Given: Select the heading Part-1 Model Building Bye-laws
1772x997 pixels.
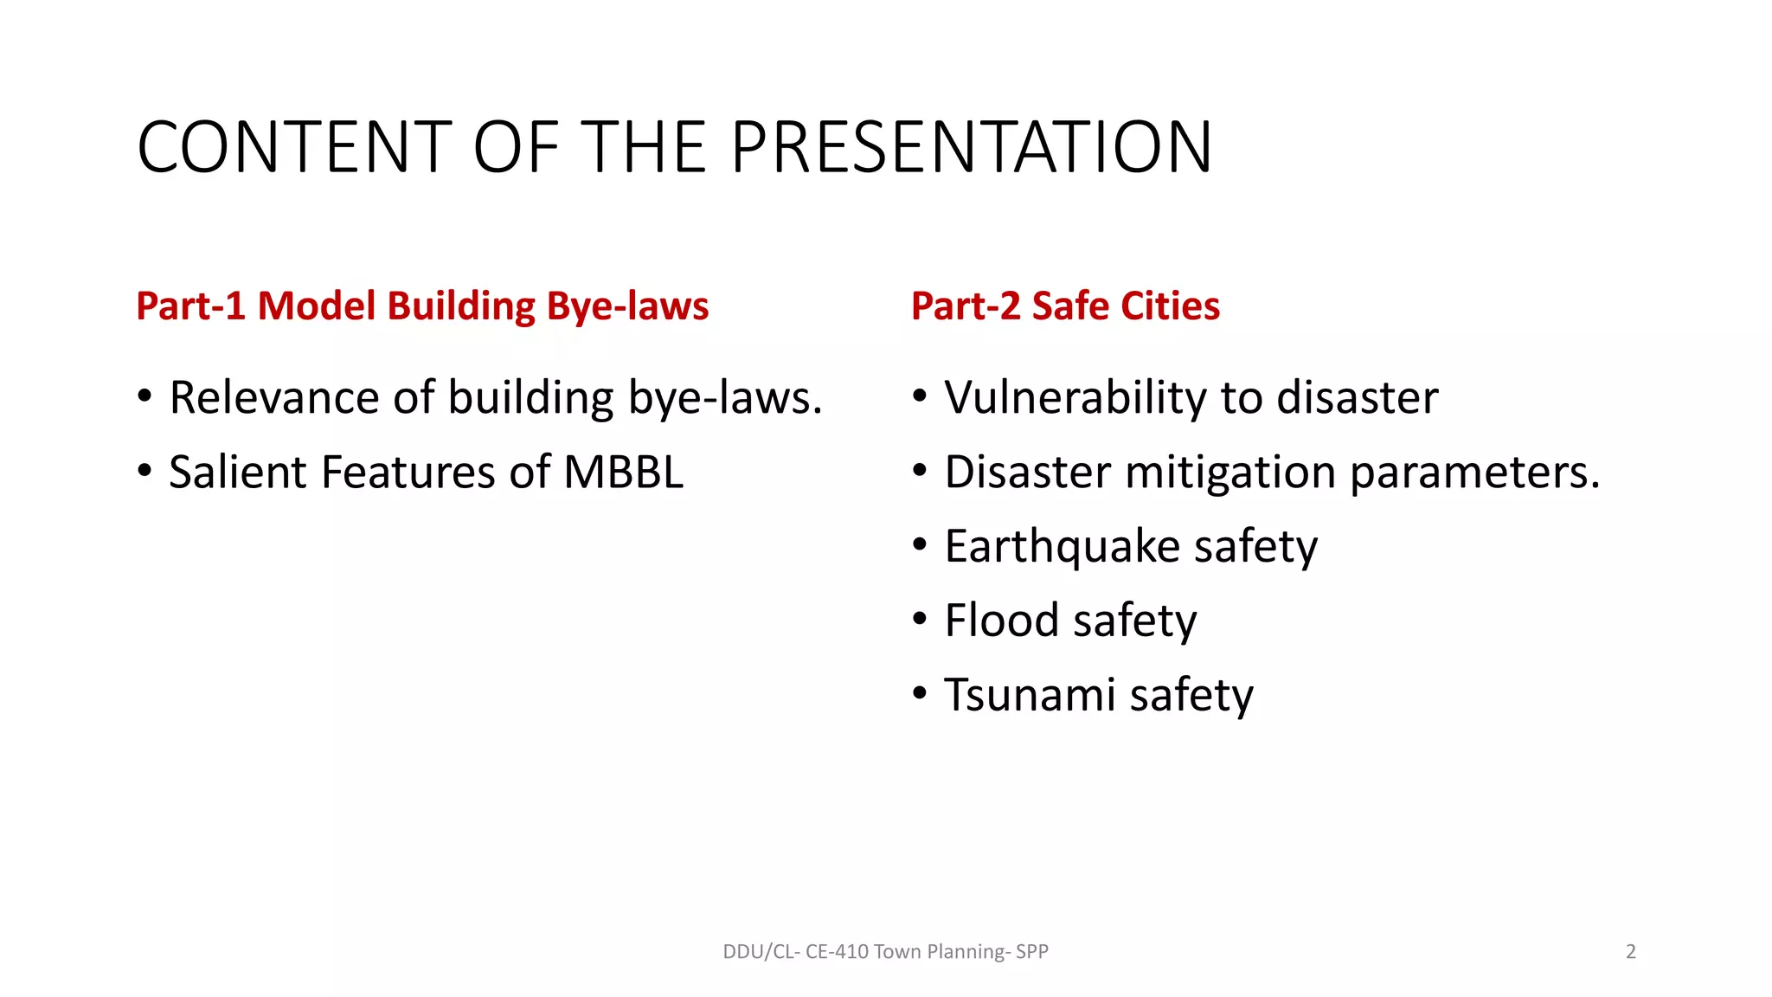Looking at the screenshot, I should point(422,306).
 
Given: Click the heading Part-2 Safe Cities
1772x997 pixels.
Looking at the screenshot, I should point(1065,306).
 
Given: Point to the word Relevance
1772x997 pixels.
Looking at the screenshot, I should point(274,398).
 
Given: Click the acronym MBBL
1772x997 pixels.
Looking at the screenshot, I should point(623,473).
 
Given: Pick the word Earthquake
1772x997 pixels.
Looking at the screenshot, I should point(1062,547).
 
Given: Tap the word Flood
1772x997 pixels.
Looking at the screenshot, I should point(1001,621).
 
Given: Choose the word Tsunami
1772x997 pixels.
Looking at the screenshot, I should point(1030,695).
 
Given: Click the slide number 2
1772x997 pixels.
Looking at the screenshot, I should point(1631,952).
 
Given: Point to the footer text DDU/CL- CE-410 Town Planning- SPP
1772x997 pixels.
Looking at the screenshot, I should point(885,952).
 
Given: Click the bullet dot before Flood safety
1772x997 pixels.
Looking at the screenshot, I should point(920,619).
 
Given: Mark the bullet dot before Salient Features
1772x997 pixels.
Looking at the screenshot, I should point(144,471).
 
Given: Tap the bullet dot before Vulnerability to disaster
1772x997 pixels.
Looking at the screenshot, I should point(920,396).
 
